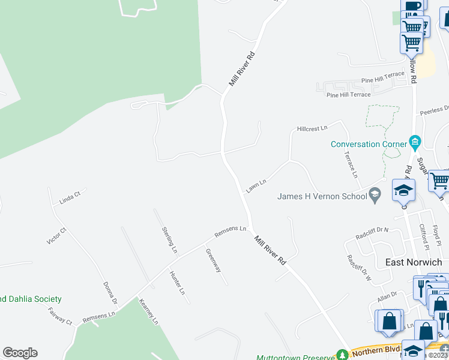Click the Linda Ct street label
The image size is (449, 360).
[x=70, y=197]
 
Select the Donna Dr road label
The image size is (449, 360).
[x=109, y=293]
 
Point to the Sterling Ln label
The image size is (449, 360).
[x=170, y=239]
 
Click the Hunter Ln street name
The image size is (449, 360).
[x=177, y=283]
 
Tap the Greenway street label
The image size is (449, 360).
[x=213, y=260]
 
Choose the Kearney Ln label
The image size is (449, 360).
[x=148, y=312]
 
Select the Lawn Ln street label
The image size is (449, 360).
[x=255, y=185]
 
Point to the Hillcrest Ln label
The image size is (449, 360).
[x=312, y=128]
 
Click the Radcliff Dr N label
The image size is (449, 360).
[x=372, y=230]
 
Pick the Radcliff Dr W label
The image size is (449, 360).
[x=360, y=268]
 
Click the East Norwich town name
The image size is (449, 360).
[x=413, y=262]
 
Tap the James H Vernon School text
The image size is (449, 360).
[x=321, y=196]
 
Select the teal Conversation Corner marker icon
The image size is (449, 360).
[x=414, y=142]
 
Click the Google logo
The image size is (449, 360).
[x=20, y=353]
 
